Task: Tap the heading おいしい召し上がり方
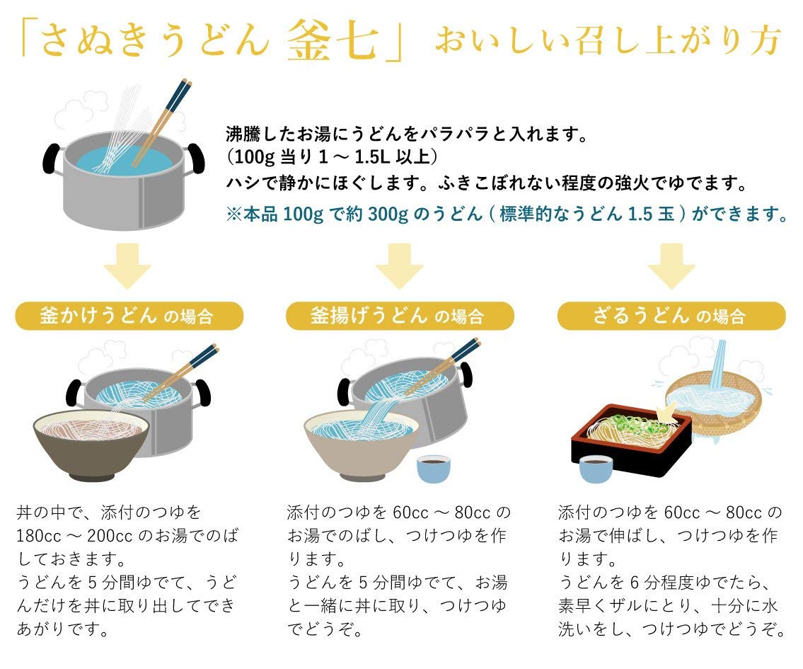pyautogui.click(x=607, y=42)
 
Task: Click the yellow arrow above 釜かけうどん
pyautogui.click(x=127, y=265)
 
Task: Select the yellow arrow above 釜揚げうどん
pyautogui.click(x=399, y=265)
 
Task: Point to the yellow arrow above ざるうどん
pyautogui.click(x=671, y=265)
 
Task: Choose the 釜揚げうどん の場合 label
pyautogui.click(x=399, y=316)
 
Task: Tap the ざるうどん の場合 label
pyautogui.click(x=671, y=316)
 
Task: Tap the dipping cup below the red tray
pyautogui.click(x=595, y=468)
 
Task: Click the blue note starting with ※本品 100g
pyautogui.click(x=507, y=214)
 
